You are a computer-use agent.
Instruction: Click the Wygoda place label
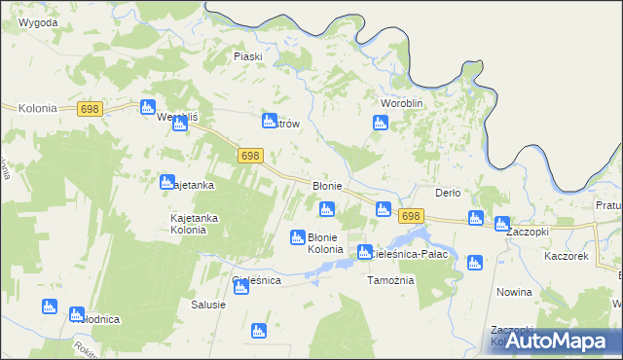[x=37, y=22]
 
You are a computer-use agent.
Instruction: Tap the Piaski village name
[x=248, y=56]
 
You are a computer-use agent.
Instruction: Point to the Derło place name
[x=448, y=193]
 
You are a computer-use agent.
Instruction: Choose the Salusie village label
[x=208, y=305]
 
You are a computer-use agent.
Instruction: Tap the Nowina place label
[x=513, y=292]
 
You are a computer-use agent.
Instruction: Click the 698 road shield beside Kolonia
[x=91, y=112]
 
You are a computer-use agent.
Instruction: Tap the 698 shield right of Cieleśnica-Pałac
[x=411, y=216]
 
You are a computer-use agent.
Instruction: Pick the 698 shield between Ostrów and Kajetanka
[x=250, y=156]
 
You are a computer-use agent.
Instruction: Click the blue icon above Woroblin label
[x=381, y=123]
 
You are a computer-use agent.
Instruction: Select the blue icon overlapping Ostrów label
[x=270, y=121]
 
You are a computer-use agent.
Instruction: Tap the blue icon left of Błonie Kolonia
[x=298, y=237]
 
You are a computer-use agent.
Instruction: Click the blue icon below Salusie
[x=259, y=331]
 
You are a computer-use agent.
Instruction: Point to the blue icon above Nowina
[x=474, y=262]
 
